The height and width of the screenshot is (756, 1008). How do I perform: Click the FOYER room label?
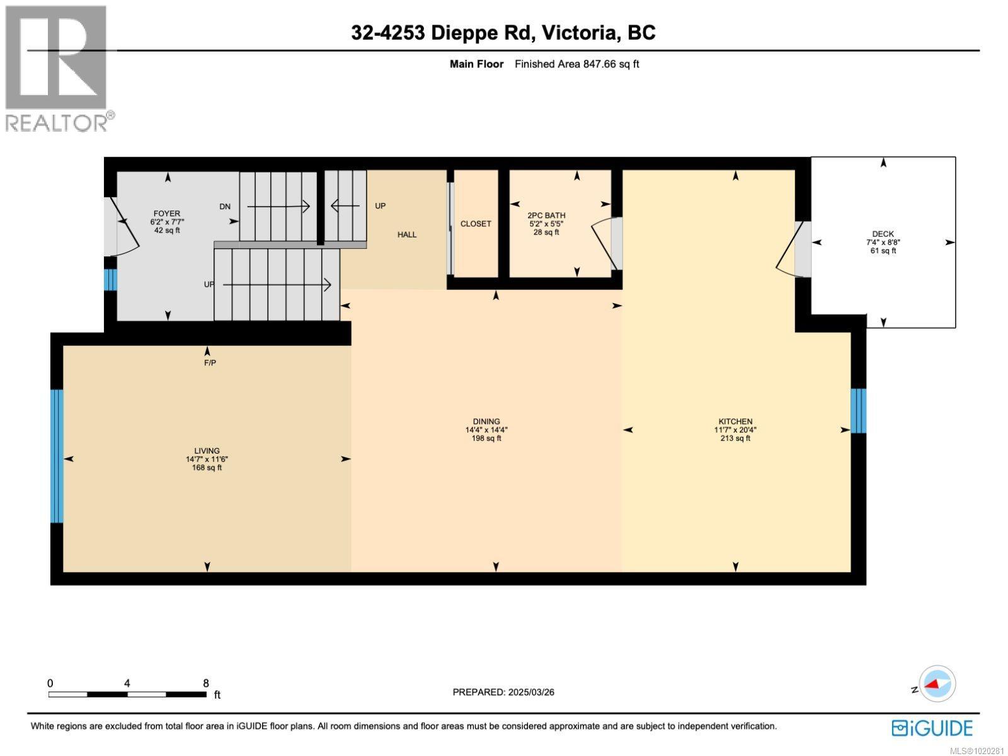(x=167, y=214)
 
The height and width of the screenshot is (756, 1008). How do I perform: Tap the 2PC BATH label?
(x=546, y=215)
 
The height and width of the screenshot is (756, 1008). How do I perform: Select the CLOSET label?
(x=476, y=224)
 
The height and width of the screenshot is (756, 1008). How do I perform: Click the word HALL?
(x=407, y=234)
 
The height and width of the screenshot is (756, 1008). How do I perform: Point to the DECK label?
(x=883, y=234)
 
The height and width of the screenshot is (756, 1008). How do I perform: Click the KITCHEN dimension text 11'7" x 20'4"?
(x=735, y=430)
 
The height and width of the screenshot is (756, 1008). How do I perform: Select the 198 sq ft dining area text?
(x=486, y=438)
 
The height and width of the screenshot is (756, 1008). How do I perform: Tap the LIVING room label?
(x=207, y=450)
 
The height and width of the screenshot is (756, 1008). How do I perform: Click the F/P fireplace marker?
(x=210, y=363)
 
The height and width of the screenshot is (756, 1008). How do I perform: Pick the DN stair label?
(x=225, y=206)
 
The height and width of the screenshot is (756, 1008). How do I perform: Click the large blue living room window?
(x=57, y=456)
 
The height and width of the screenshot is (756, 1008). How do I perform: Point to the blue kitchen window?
(x=858, y=411)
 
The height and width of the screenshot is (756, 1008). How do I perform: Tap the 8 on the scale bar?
(x=206, y=683)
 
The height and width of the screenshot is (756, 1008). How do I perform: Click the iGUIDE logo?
(x=932, y=728)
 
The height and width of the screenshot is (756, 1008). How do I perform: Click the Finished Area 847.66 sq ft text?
(x=576, y=64)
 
